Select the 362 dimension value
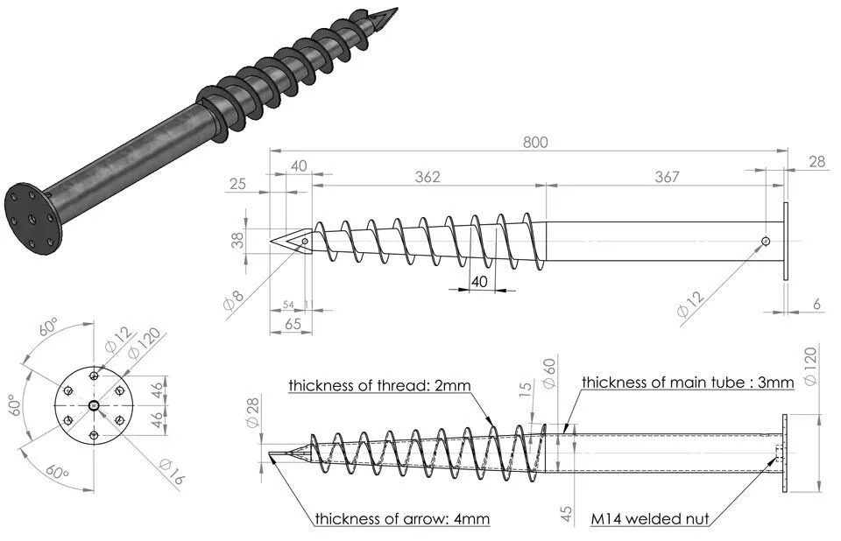click(x=428, y=177)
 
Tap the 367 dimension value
click(x=666, y=177)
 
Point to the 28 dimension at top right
click(x=816, y=161)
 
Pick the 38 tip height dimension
click(x=237, y=240)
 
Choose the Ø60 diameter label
click(x=549, y=376)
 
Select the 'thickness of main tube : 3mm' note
click(x=688, y=382)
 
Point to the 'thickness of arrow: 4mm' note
click(x=402, y=519)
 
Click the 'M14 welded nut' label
click(x=649, y=519)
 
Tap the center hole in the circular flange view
click(x=94, y=404)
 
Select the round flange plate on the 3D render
click(x=32, y=216)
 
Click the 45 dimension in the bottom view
click(x=567, y=513)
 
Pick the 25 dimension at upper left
click(x=237, y=185)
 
